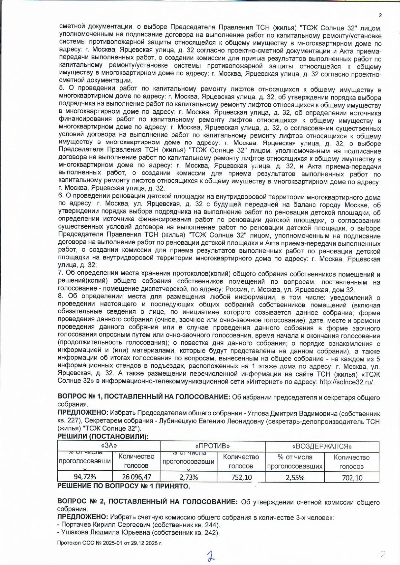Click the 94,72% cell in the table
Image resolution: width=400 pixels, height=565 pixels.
(x=85, y=477)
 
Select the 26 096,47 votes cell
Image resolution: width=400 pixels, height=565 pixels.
(x=136, y=477)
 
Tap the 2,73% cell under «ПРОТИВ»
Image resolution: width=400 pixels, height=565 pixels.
(x=188, y=477)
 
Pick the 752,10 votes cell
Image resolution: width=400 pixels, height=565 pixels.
(x=241, y=477)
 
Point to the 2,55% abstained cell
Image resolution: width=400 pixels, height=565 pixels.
(x=295, y=477)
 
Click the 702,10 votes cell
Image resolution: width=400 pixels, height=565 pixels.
(x=352, y=478)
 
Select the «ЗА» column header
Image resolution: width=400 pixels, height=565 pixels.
(x=109, y=446)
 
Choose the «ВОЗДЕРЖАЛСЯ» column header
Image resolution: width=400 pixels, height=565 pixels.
(x=322, y=447)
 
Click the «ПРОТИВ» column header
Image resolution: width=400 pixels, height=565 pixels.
(x=213, y=446)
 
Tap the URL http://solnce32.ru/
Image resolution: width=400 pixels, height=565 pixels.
(x=347, y=382)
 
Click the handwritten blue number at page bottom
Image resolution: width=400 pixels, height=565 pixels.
(x=211, y=556)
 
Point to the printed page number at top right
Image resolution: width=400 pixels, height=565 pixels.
(x=380, y=15)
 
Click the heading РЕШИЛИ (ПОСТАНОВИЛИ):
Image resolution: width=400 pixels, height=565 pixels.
(x=103, y=436)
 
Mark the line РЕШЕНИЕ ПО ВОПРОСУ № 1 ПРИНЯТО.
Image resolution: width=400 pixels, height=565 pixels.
(x=123, y=486)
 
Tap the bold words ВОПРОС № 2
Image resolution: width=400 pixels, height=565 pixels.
(x=82, y=502)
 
